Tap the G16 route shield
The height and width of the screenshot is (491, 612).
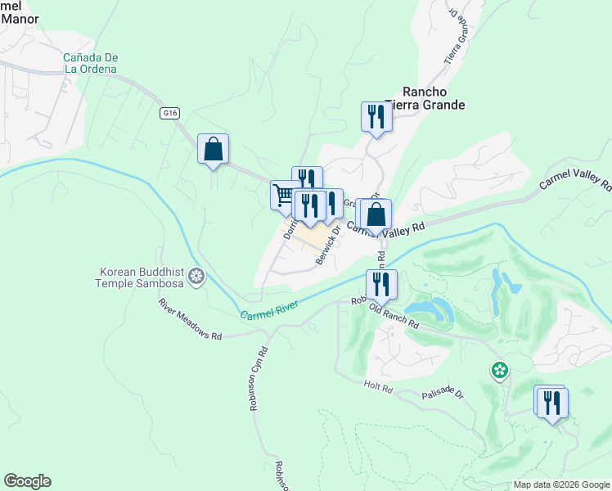pyautogui.click(x=169, y=114)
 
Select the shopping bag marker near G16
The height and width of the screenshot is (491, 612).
pyautogui.click(x=213, y=150)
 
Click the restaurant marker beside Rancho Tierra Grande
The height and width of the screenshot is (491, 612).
pyautogui.click(x=376, y=116)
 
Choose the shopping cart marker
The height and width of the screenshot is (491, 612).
pyautogui.click(x=284, y=195)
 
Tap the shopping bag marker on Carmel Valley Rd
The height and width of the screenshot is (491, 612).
pyautogui.click(x=376, y=216)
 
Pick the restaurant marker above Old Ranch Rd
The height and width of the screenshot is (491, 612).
pyautogui.click(x=381, y=285)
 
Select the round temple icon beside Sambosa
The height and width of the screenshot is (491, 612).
pyautogui.click(x=196, y=277)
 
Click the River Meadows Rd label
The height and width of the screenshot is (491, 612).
pyautogui.click(x=190, y=319)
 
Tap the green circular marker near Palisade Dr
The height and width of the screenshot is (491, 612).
pyautogui.click(x=499, y=371)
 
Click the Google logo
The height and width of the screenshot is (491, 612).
pyautogui.click(x=27, y=481)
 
